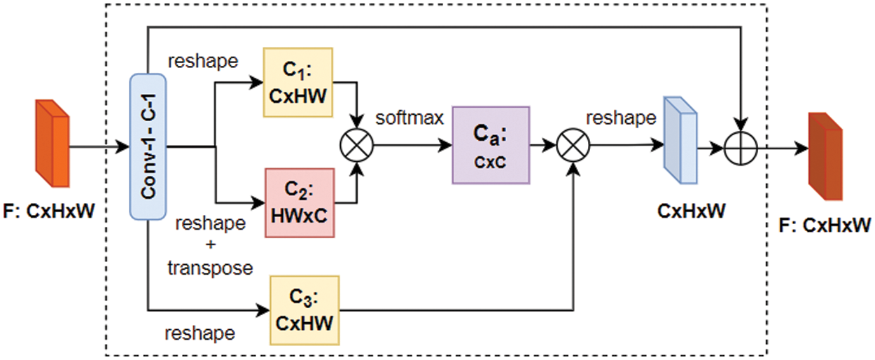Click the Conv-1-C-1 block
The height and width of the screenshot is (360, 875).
(x=148, y=146)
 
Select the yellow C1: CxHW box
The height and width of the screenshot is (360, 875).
(x=298, y=83)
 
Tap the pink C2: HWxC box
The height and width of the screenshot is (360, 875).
(x=300, y=203)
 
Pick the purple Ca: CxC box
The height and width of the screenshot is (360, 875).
(x=491, y=145)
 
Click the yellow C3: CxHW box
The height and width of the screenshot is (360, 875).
(x=304, y=310)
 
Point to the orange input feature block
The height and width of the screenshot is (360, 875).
(x=52, y=144)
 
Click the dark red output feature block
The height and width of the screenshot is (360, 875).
(x=825, y=156)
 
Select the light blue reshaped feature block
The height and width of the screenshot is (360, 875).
(x=680, y=140)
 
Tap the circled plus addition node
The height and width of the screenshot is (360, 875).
(x=741, y=148)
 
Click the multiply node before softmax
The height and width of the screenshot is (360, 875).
(x=356, y=146)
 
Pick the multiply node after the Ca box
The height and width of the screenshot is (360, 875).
(x=573, y=146)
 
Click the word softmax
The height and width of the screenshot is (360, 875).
(x=409, y=118)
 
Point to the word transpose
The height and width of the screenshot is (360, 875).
(x=210, y=268)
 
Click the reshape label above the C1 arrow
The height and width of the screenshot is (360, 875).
(x=203, y=62)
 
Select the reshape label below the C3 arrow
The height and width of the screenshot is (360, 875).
(x=199, y=334)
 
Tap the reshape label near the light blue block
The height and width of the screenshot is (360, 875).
(x=621, y=118)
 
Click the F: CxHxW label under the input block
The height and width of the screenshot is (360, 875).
(x=49, y=211)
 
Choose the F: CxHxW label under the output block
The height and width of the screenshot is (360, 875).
(x=825, y=226)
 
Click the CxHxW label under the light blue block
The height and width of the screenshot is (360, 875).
(x=692, y=211)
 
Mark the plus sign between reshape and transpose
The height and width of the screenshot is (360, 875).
(x=210, y=244)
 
